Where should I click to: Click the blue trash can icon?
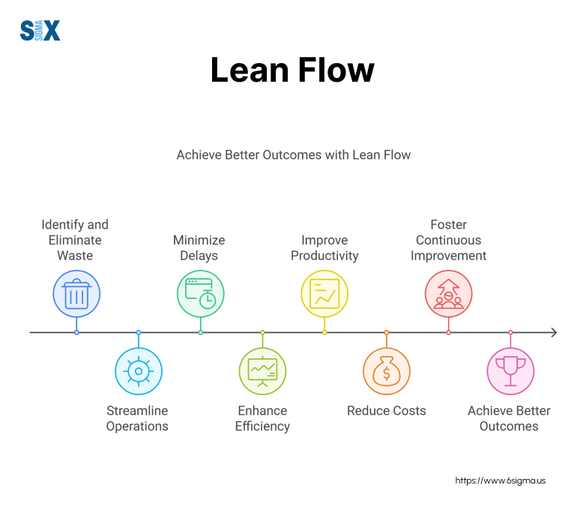tap(76, 293)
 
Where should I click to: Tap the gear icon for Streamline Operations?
tap(139, 371)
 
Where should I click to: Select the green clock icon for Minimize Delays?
tap(200, 293)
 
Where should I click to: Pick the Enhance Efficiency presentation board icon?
tap(262, 371)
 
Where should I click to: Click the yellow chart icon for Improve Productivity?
tap(324, 293)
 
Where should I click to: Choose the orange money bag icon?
tap(387, 371)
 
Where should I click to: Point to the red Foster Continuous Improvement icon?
tap(448, 293)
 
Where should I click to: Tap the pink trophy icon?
tap(510, 371)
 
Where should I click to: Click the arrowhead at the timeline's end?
tap(553, 332)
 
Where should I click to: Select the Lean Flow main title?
tap(292, 70)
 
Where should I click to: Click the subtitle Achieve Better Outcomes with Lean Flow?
tap(294, 155)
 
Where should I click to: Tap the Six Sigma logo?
tap(40, 31)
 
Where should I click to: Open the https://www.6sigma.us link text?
tap(501, 481)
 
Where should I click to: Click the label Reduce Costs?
tap(387, 411)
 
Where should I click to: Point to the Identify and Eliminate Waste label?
tap(75, 240)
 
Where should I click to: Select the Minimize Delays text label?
tap(199, 248)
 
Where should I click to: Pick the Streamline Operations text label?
tap(137, 418)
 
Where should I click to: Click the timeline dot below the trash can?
tap(76, 332)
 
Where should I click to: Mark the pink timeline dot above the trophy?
tap(510, 332)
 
